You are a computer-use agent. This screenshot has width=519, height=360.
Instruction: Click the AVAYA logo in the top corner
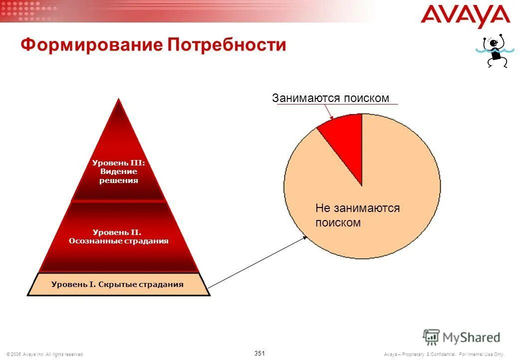465,16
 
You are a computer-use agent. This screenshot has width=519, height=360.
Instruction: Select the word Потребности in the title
227,45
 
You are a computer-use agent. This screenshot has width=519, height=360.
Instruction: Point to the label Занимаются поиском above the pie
330,98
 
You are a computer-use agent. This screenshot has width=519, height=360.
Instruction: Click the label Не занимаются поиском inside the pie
357,215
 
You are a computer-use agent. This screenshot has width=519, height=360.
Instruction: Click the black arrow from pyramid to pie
257,262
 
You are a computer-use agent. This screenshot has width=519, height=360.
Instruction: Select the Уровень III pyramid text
118,171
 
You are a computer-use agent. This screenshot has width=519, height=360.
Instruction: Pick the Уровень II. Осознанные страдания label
118,236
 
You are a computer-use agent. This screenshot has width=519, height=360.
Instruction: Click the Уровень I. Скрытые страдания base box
118,284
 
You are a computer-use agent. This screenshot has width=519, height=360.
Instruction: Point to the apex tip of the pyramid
118,100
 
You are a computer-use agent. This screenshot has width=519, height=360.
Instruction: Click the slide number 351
259,353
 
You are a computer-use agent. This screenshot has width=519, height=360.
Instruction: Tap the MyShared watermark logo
462,337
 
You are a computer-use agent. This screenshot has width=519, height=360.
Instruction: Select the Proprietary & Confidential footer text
444,354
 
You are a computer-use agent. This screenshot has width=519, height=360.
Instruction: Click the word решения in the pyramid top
118,180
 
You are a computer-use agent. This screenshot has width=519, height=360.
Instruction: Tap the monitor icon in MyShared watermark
431,336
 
